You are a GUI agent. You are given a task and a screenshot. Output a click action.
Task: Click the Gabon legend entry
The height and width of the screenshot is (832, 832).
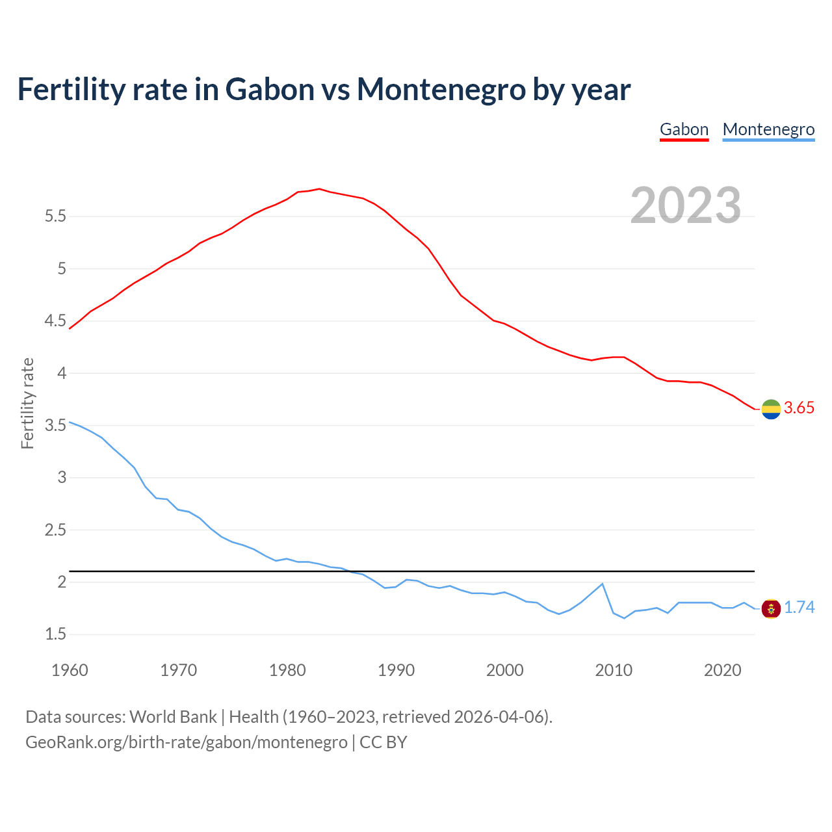click(x=684, y=129)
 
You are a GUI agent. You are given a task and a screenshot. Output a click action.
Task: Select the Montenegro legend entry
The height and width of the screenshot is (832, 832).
click(x=768, y=129)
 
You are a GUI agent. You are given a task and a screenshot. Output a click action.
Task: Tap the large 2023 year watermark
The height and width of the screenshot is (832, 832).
click(x=685, y=205)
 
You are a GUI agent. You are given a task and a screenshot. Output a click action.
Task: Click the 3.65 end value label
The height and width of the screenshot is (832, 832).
click(x=799, y=408)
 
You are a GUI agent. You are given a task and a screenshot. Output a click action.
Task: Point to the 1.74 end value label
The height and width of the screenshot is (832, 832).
click(x=799, y=608)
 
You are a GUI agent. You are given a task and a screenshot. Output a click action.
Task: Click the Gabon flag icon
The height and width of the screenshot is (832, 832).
click(x=771, y=409)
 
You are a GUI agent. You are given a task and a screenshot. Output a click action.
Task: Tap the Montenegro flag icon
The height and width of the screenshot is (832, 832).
click(x=771, y=608)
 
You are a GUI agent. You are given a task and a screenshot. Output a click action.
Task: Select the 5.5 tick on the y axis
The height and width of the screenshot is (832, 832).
click(x=56, y=216)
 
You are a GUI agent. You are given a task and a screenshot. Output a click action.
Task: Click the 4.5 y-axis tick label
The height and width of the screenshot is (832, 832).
click(x=56, y=321)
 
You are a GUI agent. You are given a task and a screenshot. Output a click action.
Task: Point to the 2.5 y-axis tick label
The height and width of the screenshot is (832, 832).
click(x=56, y=530)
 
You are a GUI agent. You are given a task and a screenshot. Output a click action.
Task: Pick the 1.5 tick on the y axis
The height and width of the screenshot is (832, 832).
click(x=56, y=634)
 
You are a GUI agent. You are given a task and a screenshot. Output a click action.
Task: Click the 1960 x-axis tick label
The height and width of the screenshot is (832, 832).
click(x=70, y=670)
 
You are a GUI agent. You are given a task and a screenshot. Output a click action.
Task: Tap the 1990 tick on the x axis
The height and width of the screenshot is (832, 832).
click(x=396, y=670)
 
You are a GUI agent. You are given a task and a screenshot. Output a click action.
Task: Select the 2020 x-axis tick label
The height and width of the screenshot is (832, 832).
click(x=722, y=670)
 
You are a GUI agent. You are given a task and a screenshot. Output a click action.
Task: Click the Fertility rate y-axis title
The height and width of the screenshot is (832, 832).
click(x=27, y=403)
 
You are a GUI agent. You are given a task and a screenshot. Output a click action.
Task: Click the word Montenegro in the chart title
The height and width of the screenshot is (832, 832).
click(x=441, y=89)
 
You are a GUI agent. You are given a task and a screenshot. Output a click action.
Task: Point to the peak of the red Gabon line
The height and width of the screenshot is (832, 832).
click(x=319, y=188)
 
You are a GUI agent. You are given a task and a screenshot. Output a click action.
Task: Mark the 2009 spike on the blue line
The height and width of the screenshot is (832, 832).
click(x=603, y=584)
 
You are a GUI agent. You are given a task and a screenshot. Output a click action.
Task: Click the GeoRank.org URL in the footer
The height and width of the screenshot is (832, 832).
click(x=187, y=742)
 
